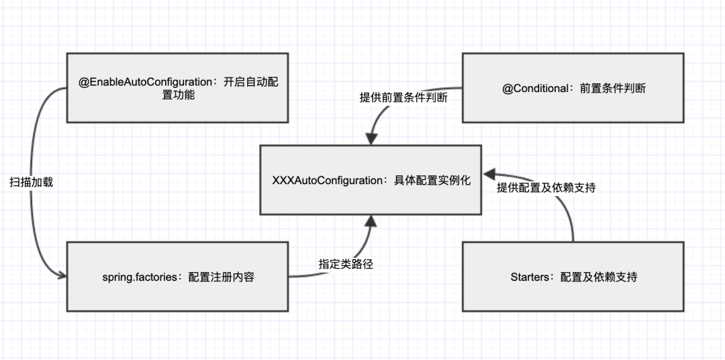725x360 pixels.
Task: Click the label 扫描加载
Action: point(31,182)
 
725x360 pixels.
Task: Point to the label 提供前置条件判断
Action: point(403,97)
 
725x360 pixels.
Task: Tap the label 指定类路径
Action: point(345,264)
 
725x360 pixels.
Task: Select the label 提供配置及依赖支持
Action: point(546,188)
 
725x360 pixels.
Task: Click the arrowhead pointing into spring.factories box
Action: point(62,275)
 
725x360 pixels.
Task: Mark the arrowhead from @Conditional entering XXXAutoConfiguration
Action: point(370,140)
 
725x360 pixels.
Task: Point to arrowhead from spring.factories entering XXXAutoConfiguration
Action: point(370,219)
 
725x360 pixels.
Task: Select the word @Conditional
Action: point(536,88)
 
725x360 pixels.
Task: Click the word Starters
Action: point(529,277)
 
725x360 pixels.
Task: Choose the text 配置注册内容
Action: point(221,277)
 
